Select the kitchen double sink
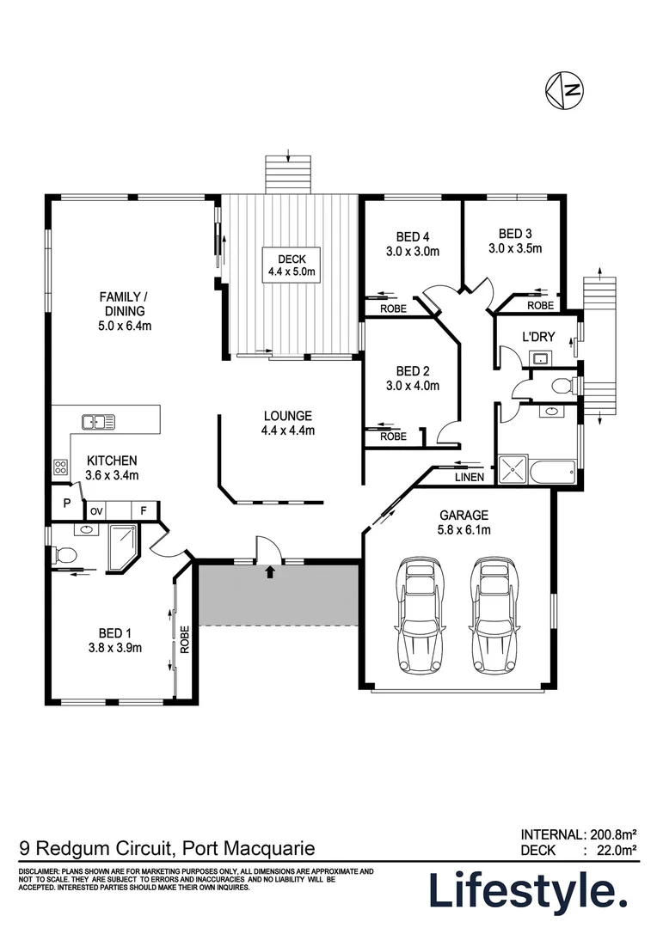[x=98, y=421]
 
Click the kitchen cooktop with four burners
[x=61, y=467]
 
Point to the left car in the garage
[x=421, y=617]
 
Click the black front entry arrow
[x=271, y=571]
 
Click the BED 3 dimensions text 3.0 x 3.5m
[x=515, y=249]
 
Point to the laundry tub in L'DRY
[x=541, y=357]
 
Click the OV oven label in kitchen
[x=97, y=511]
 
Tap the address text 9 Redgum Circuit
[x=96, y=849]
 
